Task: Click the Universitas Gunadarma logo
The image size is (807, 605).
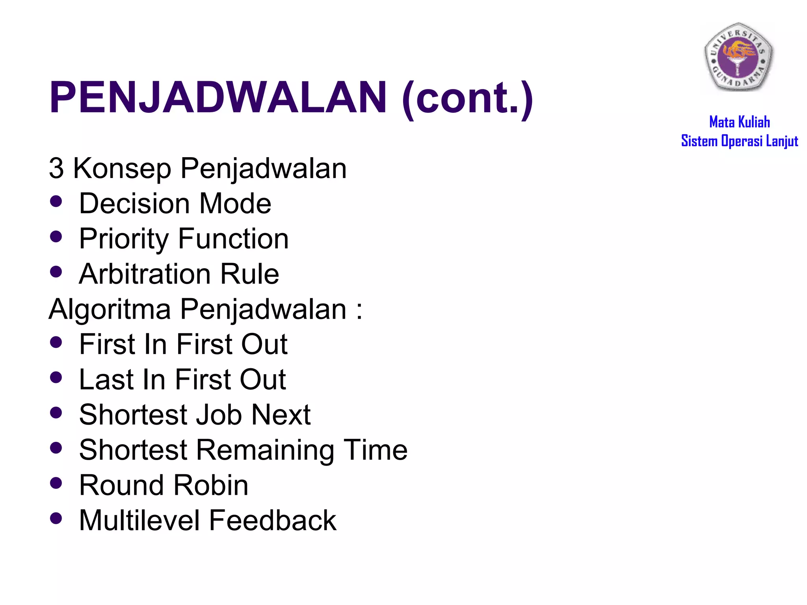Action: pyautogui.click(x=739, y=56)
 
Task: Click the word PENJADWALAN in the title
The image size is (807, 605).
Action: pyautogui.click(x=218, y=97)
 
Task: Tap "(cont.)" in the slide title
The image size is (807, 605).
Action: pyautogui.click(x=467, y=98)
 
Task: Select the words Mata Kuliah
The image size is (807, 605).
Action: pyautogui.click(x=739, y=122)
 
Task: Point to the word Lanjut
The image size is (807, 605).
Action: pyautogui.click(x=782, y=141)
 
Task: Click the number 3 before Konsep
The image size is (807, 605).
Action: pyautogui.click(x=56, y=168)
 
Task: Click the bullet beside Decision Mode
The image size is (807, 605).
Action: pyautogui.click(x=56, y=201)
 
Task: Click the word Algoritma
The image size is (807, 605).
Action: pyautogui.click(x=110, y=310)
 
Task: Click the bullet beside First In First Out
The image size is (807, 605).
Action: pyautogui.click(x=56, y=342)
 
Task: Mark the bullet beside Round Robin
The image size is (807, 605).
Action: pyautogui.click(x=56, y=483)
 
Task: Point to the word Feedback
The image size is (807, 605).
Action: pyautogui.click(x=273, y=520)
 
